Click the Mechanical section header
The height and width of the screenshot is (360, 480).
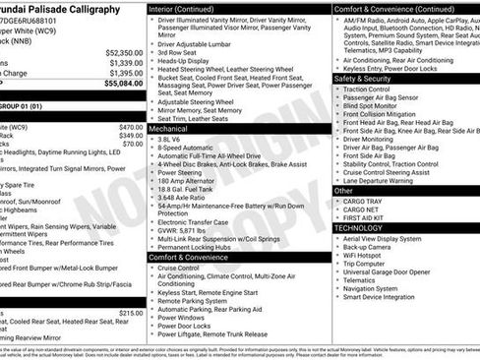coord(169,129)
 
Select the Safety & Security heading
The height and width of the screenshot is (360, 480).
coord(364,78)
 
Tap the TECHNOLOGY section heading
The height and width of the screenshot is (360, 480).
coord(359,226)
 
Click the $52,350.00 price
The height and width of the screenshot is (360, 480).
coord(123,52)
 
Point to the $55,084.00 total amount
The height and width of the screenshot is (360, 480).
coord(123,84)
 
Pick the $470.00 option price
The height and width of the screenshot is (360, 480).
coord(130,127)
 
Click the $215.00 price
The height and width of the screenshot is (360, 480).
coord(130,312)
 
